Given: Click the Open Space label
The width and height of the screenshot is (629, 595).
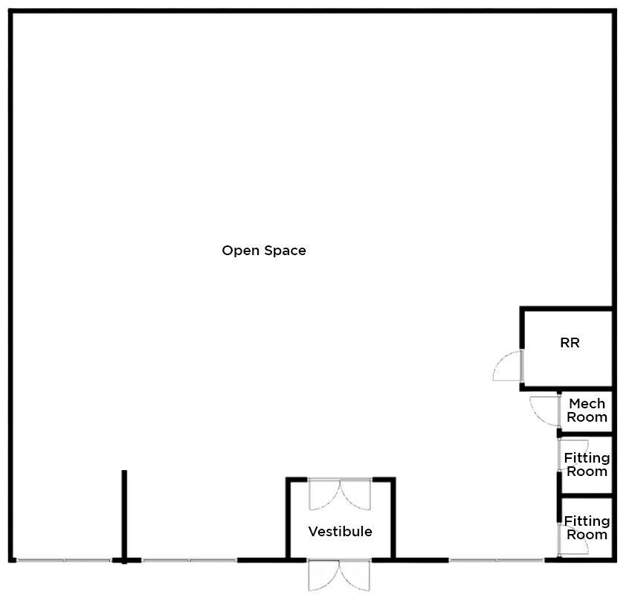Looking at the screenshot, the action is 263,251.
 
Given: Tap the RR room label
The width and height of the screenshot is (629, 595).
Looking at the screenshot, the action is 570,343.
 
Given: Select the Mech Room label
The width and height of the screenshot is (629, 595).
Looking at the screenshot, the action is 587,410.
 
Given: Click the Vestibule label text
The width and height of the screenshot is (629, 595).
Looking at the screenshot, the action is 341,532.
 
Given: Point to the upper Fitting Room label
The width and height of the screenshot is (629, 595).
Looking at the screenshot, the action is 587,464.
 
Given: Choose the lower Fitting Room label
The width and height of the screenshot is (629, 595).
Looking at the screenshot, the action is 587,527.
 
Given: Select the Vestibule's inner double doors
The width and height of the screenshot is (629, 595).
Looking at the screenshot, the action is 340,495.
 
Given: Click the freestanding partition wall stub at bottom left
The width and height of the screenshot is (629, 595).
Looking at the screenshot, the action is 124,517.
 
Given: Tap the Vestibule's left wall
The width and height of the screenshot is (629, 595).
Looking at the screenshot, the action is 288,518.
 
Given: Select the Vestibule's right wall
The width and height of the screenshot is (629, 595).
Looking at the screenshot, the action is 393,518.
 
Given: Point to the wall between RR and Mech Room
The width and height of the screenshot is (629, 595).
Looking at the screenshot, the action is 567,389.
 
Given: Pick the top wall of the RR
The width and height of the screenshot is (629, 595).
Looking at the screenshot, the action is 567,309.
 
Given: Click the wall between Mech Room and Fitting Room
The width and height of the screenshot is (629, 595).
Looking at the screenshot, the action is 586,434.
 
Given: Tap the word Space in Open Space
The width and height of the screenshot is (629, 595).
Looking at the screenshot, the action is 286,251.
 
